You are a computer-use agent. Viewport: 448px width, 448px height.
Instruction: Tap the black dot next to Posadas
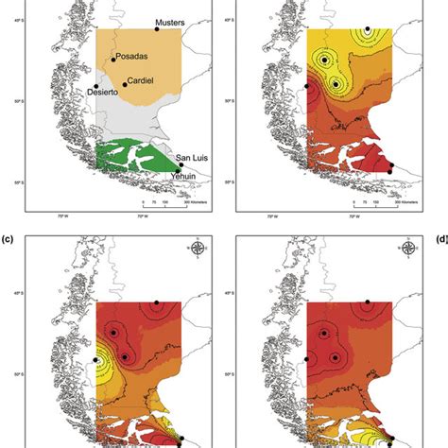tap(113, 60)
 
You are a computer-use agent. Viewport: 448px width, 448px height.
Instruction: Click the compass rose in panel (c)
tap(197, 250)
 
